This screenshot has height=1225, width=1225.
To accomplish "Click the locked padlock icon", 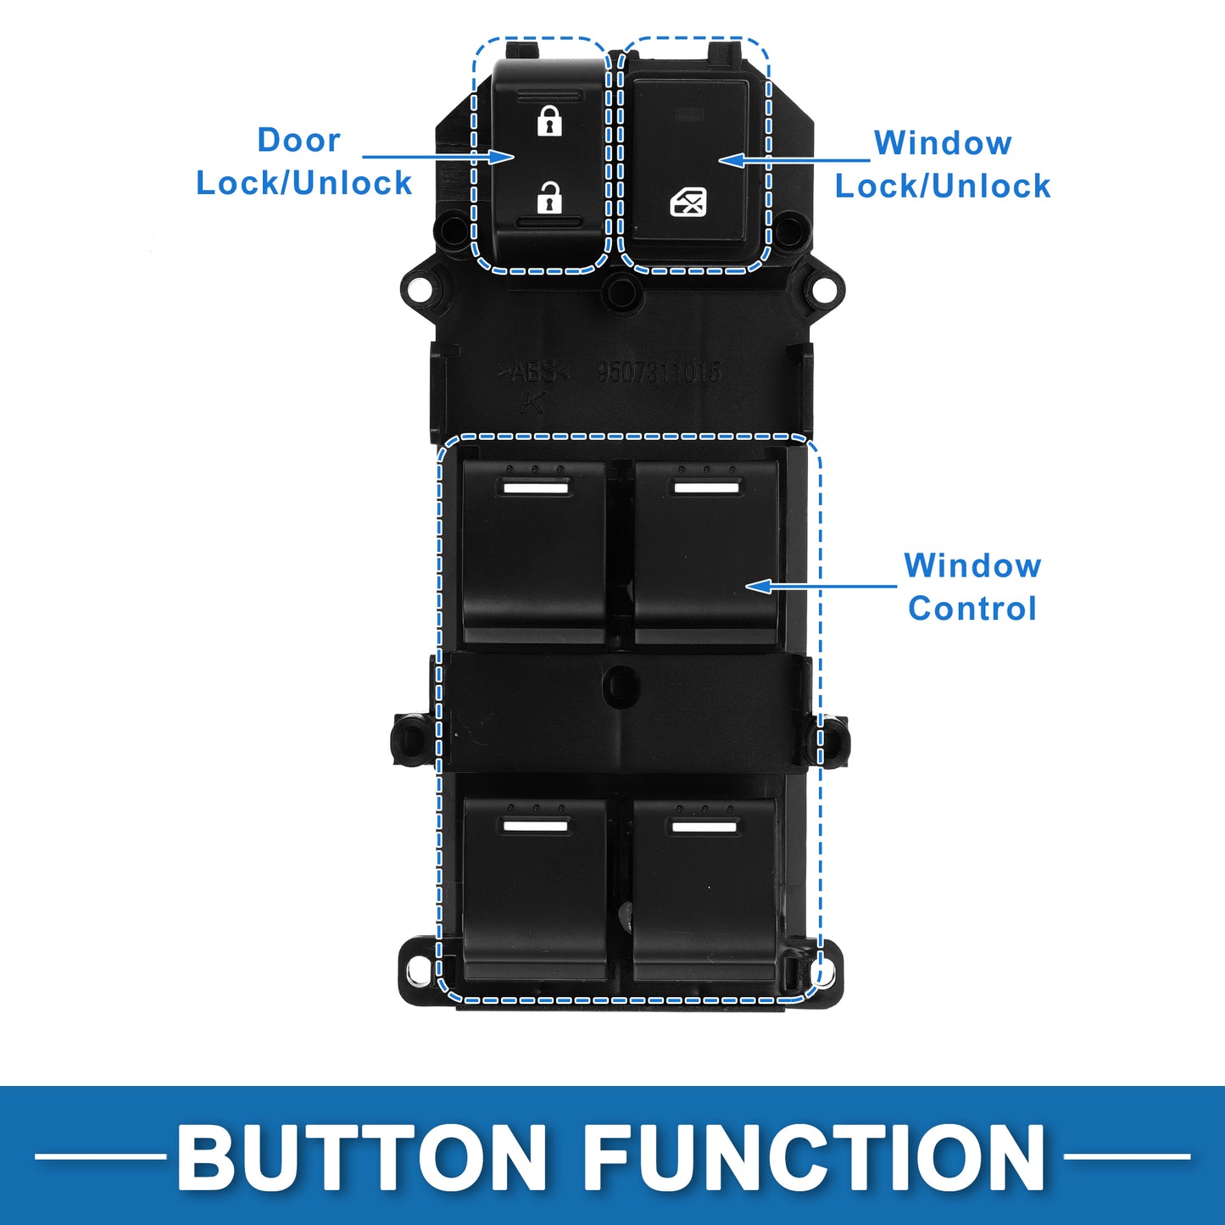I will coord(549,121).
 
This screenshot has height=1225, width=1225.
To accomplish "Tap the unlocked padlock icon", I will coord(549,198).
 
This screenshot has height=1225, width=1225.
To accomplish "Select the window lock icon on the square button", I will coord(688,203).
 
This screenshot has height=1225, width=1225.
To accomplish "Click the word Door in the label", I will coord(298,140).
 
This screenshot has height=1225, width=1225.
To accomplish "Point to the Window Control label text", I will coord(972,587).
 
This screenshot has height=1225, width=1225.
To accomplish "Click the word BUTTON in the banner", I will coord(362,1157).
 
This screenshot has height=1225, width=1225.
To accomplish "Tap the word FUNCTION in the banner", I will coord(815,1157).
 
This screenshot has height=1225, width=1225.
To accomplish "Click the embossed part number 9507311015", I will coord(659,372).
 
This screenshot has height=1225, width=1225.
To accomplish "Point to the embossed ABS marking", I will coord(532,372).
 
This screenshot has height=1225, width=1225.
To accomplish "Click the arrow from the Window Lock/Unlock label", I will coord(793,159).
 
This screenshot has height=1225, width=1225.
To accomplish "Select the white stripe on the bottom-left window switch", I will coord(535,826).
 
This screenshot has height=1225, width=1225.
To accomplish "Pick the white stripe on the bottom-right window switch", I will coord(704,826).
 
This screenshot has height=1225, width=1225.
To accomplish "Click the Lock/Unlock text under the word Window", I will coord(943,187).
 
